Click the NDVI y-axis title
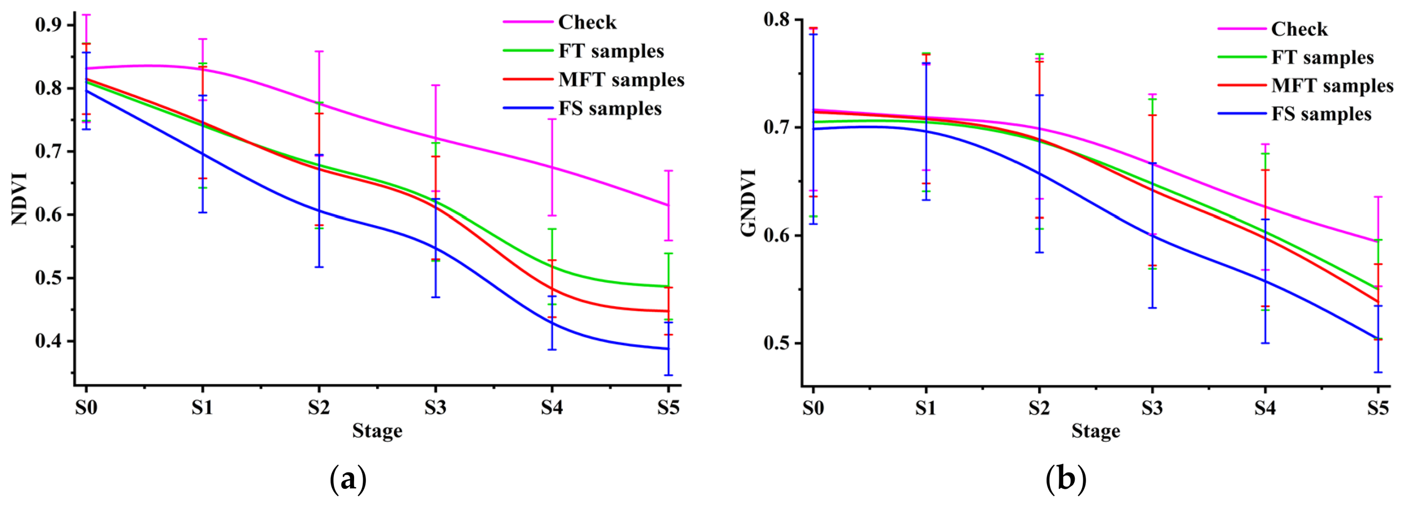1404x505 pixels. click(x=19, y=198)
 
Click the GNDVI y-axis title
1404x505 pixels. click(x=749, y=203)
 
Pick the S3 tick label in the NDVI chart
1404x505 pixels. click(x=435, y=407)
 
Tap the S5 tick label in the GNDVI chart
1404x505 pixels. click(x=1378, y=407)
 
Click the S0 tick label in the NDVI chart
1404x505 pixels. click(x=86, y=407)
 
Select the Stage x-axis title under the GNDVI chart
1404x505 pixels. click(x=1096, y=431)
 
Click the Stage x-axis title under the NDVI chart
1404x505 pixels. click(x=377, y=431)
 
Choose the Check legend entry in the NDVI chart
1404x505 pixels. click(x=560, y=22)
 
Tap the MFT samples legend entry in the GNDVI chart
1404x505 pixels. click(x=1306, y=85)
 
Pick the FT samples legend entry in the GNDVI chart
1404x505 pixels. click(x=1296, y=57)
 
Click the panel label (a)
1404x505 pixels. click(x=348, y=479)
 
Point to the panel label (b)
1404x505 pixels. click(x=1066, y=479)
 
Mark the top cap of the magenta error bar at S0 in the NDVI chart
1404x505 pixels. click(x=86, y=15)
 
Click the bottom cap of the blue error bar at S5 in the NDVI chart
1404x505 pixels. click(x=668, y=375)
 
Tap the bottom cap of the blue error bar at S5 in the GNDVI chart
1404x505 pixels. click(x=1378, y=372)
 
